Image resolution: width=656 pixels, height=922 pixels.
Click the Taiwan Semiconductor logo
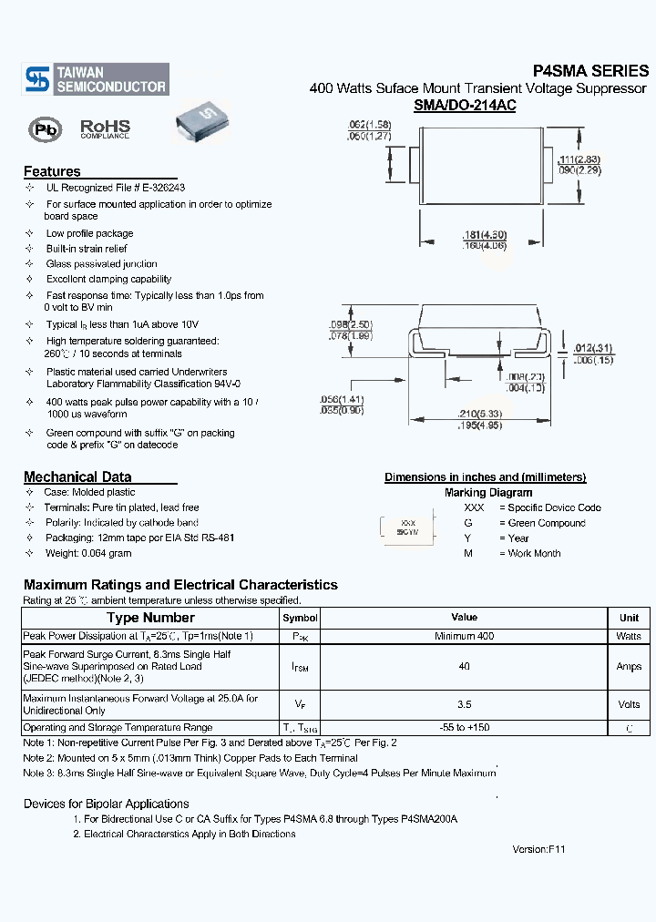[96, 79]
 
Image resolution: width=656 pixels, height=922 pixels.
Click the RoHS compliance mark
[105, 128]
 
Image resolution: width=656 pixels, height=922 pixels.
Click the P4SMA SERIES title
[590, 71]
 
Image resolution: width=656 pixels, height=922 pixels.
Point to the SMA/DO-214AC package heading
[465, 106]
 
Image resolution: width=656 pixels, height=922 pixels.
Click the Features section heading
[52, 171]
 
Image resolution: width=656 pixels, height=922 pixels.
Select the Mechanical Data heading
[77, 476]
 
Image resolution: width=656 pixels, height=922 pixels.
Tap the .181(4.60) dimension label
[484, 235]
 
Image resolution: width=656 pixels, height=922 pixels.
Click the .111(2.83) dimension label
[579, 159]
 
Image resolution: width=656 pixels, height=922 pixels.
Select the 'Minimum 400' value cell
[464, 636]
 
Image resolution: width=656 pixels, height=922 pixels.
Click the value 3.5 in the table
[464, 704]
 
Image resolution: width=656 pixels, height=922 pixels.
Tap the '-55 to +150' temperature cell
[464, 728]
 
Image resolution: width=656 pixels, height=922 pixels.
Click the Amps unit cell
[629, 667]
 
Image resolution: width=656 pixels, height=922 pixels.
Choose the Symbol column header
[300, 618]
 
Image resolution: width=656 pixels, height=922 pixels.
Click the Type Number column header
[150, 618]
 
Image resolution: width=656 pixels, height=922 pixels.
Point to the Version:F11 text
[539, 848]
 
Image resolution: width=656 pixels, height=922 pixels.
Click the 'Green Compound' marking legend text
[542, 523]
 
